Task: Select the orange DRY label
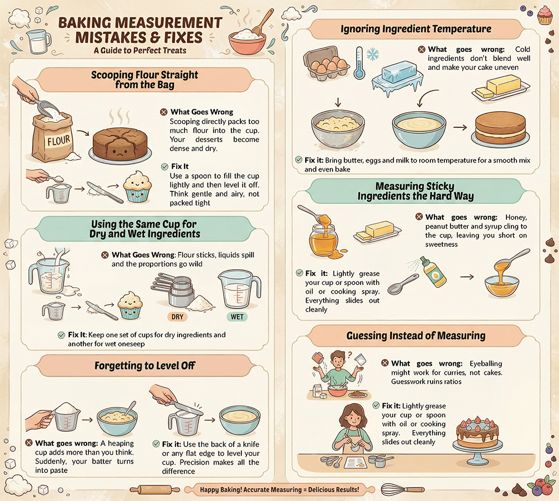(177, 317)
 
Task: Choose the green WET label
(237, 317)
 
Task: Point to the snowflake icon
(373, 55)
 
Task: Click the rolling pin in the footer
(155, 490)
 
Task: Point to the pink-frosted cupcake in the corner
(544, 15)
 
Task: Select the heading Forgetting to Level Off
(145, 366)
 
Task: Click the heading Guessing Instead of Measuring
(416, 336)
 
